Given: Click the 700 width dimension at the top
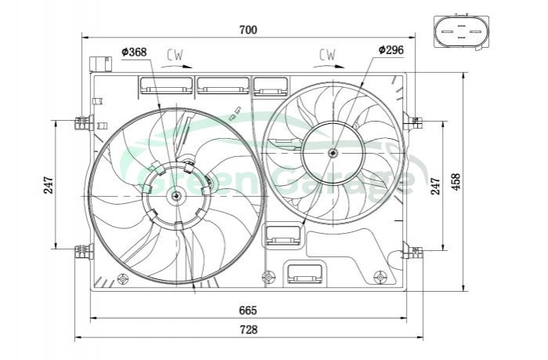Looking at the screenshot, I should (x=248, y=30).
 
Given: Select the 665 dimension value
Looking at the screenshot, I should (x=248, y=310).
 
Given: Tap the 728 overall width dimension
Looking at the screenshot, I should (x=248, y=329).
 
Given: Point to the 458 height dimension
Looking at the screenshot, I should (x=455, y=183).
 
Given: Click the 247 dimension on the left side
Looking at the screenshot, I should (x=49, y=185).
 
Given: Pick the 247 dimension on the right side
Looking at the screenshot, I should (x=436, y=185).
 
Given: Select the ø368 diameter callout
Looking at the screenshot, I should (x=134, y=53).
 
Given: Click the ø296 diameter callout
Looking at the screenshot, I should (x=390, y=49).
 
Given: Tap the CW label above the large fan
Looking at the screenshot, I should (x=175, y=55).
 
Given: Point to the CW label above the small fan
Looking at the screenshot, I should (x=327, y=54).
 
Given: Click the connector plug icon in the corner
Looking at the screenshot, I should (x=460, y=31).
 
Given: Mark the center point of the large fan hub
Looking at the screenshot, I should (x=176, y=195).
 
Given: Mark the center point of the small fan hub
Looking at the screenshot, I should (x=333, y=152).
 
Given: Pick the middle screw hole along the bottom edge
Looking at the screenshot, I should (x=269, y=277).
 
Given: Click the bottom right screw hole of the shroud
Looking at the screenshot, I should (x=381, y=277).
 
